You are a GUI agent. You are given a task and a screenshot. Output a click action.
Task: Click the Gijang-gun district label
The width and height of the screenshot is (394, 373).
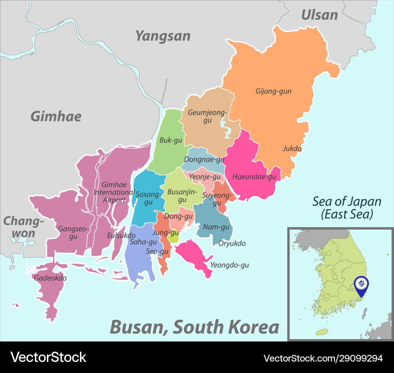273,91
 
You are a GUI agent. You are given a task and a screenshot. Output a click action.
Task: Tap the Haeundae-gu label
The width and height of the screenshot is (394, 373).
254,177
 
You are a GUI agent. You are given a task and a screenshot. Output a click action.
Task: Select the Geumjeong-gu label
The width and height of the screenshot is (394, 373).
208,116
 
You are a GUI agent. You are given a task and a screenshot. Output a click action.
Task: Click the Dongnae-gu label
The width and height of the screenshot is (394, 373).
204,159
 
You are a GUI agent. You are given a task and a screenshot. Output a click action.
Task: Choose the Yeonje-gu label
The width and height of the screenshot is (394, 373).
205,177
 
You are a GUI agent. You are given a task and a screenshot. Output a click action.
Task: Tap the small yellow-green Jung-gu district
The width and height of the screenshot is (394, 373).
173,237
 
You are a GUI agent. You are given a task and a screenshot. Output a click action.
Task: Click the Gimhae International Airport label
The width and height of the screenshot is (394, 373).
114,192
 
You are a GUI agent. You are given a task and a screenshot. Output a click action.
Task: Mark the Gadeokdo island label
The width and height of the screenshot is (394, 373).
50,278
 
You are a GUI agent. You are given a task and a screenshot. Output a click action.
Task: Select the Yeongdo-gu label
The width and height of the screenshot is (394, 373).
230,265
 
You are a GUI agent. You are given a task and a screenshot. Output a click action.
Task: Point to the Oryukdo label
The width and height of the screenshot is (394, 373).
232,243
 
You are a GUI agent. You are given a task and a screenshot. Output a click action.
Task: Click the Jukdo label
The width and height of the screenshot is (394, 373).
292,149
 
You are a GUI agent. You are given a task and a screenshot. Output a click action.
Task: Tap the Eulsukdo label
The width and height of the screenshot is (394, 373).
121,235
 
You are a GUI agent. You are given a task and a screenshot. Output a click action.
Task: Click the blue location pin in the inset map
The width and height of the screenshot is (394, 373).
361,285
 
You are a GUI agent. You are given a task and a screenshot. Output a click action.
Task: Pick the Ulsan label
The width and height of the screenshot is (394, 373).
320,15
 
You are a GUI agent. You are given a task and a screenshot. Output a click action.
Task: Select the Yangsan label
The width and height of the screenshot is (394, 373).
163,36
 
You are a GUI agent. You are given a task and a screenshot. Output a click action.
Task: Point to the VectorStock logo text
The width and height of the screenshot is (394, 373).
48,357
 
